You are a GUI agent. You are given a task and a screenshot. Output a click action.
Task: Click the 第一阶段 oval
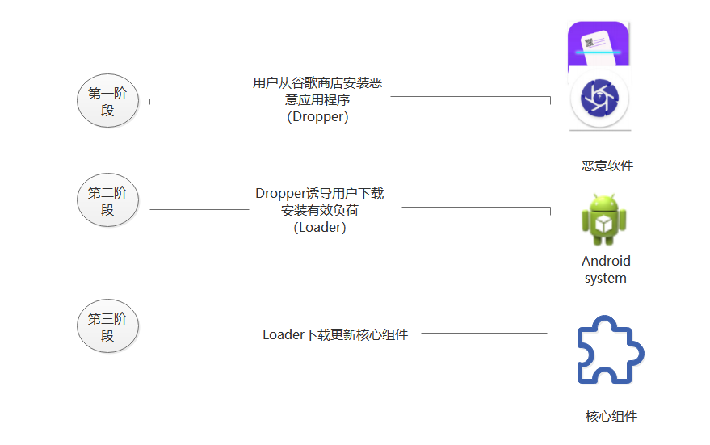point(107,102)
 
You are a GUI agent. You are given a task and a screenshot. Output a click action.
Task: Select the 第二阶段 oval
point(107,201)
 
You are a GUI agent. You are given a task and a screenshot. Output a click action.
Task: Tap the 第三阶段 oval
point(107,327)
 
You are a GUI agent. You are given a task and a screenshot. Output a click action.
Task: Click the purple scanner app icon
point(598,44)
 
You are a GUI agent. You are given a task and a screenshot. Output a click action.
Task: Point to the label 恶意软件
point(607,166)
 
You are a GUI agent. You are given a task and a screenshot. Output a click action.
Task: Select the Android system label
point(606,270)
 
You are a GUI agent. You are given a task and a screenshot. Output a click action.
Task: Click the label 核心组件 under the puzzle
point(611,417)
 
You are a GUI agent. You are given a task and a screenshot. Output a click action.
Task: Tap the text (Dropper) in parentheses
point(317,117)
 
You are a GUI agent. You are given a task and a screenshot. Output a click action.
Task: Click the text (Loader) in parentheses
point(320,228)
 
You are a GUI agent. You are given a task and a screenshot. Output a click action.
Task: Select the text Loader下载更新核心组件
point(335,334)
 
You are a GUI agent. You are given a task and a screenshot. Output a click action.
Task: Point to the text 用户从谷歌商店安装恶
point(317,82)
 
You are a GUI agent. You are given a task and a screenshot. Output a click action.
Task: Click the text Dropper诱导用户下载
point(320,194)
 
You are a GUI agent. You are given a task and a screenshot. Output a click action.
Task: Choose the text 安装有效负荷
point(320,211)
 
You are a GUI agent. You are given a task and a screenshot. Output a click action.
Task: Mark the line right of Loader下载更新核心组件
point(484,333)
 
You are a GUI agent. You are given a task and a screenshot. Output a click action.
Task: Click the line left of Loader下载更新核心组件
point(200,334)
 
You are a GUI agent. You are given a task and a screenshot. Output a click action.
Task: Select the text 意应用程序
point(317,100)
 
